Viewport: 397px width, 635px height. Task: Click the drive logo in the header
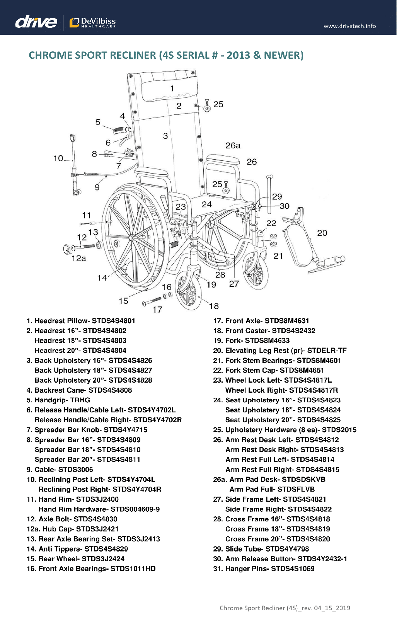coord(36,22)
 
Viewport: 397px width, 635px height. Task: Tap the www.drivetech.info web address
coord(349,26)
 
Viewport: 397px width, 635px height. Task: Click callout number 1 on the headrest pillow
coord(172,89)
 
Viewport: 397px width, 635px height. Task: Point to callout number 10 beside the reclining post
coord(58,158)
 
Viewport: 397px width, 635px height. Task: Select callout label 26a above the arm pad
coord(233,146)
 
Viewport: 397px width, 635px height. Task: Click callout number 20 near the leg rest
coord(322,233)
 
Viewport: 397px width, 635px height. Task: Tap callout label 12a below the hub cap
coord(78,258)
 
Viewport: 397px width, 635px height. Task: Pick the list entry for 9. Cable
coord(60,470)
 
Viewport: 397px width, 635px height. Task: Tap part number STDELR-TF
coord(327,351)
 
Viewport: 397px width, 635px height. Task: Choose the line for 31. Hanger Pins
coord(264,569)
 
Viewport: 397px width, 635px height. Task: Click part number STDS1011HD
coord(133,569)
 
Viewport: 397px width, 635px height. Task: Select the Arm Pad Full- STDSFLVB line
coord(272,489)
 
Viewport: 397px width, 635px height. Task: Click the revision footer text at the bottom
coord(285,608)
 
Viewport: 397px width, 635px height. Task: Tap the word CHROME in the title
coord(51,55)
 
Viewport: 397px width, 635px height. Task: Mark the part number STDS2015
coord(339,430)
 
